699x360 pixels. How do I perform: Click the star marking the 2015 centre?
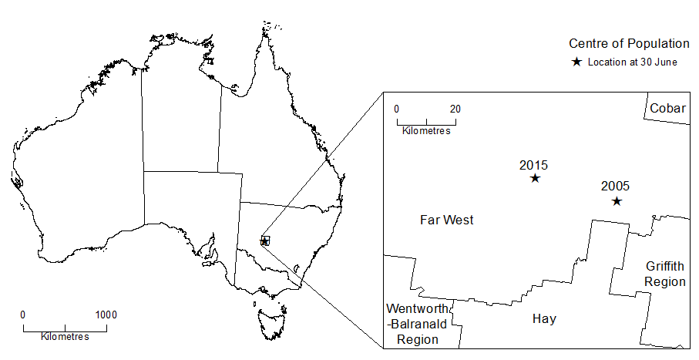click(535, 178)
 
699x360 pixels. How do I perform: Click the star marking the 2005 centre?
click(617, 201)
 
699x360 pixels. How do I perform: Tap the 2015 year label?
click(533, 165)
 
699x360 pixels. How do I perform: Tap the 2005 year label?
click(616, 186)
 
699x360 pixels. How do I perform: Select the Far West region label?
click(447, 220)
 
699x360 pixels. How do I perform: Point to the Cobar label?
click(667, 108)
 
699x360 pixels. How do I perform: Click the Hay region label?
click(544, 318)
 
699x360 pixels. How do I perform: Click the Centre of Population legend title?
click(629, 43)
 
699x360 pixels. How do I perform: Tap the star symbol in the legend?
click(576, 62)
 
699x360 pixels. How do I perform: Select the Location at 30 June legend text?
click(632, 62)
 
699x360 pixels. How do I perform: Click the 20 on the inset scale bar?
click(455, 108)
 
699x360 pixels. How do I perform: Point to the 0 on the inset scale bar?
click(397, 108)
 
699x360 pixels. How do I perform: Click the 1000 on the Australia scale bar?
click(106, 315)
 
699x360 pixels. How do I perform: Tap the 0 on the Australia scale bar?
click(22, 315)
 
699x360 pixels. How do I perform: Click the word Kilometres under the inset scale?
click(426, 130)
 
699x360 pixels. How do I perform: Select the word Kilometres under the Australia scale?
click(65, 337)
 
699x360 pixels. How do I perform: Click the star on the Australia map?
click(265, 241)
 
